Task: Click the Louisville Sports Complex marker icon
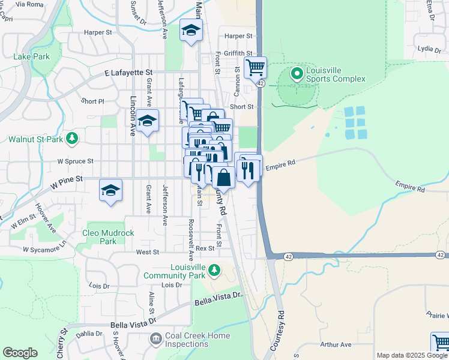coord(296,74)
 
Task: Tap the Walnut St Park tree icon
coord(72,139)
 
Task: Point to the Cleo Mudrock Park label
coord(108,237)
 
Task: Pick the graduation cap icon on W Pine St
coord(111,190)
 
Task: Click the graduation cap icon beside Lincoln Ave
coord(147,121)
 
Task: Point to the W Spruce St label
coord(75,161)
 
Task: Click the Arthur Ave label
coord(336,344)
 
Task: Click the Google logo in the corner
coord(20,353)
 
